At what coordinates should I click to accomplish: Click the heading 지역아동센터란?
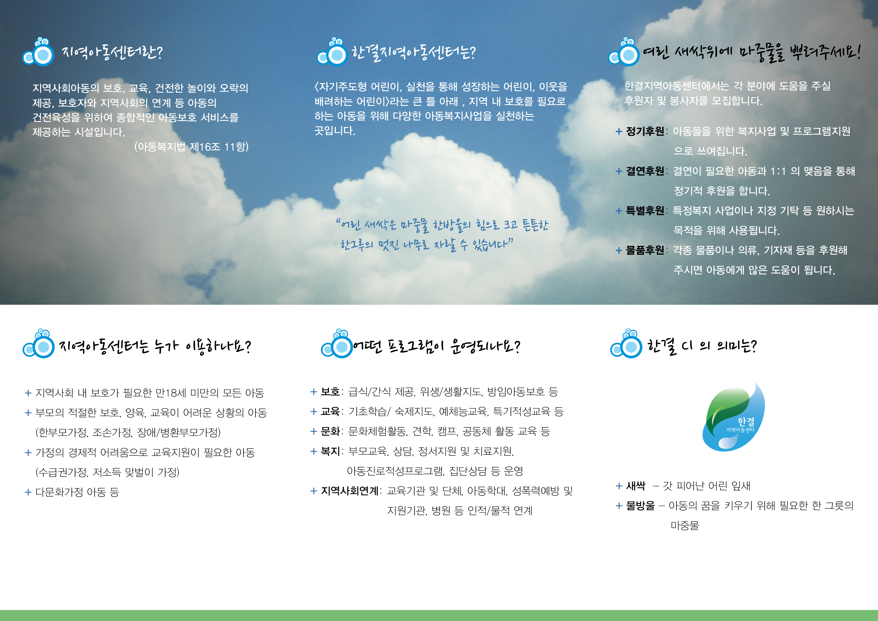pyautogui.click(x=112, y=52)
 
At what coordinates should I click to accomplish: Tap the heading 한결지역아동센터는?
pyautogui.click(x=413, y=52)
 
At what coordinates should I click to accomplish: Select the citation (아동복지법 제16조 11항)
pyautogui.click(x=191, y=146)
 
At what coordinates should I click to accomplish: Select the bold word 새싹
pyautogui.click(x=635, y=486)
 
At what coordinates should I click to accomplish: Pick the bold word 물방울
pyautogui.click(x=640, y=506)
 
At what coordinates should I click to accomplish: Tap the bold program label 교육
pyautogui.click(x=330, y=412)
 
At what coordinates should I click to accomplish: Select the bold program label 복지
pyautogui.click(x=330, y=451)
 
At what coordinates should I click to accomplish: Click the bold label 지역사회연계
pyautogui.click(x=349, y=491)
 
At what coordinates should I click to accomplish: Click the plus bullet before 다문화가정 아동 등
pyautogui.click(x=28, y=492)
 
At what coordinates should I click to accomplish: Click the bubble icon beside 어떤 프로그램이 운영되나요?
pyautogui.click(x=337, y=344)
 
